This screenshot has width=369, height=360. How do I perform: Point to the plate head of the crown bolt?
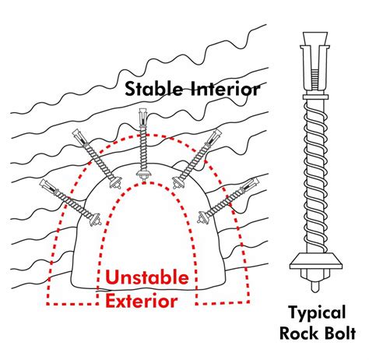(142, 175)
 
